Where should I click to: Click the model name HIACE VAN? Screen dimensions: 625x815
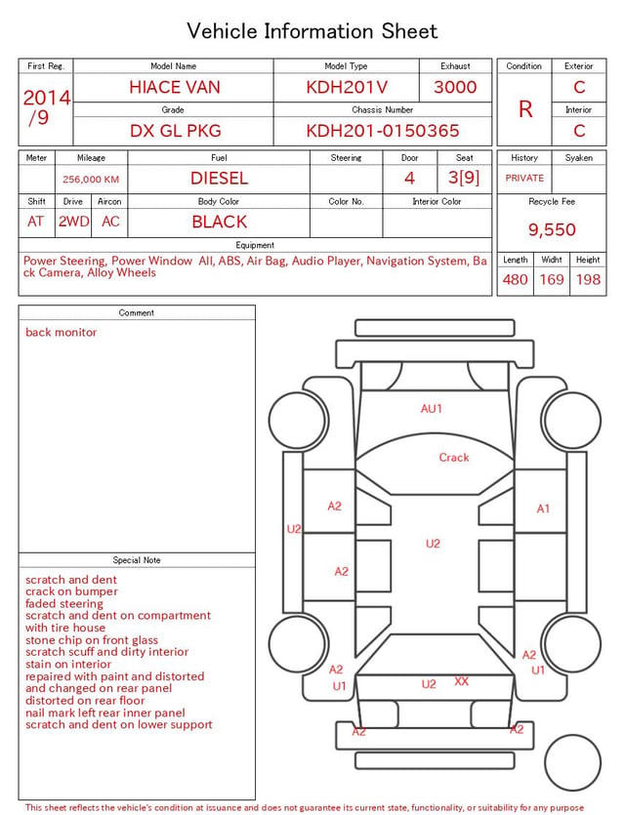[175, 87]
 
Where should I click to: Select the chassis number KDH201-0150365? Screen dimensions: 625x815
[383, 131]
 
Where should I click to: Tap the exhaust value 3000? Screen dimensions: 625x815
[455, 87]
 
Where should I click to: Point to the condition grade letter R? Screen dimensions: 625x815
[525, 109]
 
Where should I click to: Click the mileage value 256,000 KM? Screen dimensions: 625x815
[91, 180]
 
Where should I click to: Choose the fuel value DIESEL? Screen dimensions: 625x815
[220, 179]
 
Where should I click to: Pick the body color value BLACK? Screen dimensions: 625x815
[220, 222]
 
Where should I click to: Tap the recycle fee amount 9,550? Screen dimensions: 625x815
[552, 229]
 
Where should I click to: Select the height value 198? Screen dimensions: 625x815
[588, 279]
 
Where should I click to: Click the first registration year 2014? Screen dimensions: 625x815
[47, 98]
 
